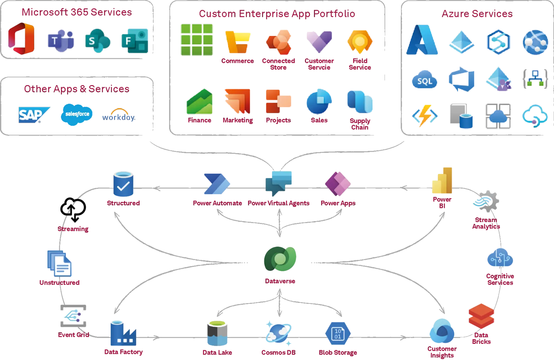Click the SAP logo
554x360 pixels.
coord(34,115)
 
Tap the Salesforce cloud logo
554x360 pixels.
coord(77,114)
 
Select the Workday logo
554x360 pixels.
coord(118,116)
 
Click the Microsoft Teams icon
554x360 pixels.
coord(61,41)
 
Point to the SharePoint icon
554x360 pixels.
coord(98,41)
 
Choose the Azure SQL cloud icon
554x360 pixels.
coord(424,80)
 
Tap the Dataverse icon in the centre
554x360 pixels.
coord(280,259)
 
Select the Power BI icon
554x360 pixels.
coord(442,181)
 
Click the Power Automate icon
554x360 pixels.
coord(217,185)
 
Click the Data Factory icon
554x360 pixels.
coord(123,333)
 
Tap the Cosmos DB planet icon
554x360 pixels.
coord(279,333)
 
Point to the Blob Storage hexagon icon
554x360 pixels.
coord(338,334)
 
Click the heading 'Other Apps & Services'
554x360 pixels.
coord(76,89)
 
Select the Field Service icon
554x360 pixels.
coord(360,42)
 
